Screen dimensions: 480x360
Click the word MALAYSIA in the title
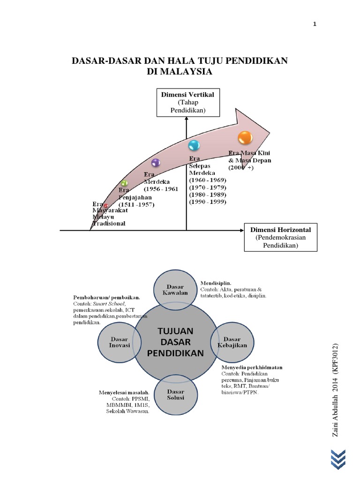(x=180, y=72)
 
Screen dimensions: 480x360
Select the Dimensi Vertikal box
(x=187, y=102)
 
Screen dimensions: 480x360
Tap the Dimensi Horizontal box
(x=280, y=237)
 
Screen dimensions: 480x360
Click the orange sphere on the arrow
(x=245, y=138)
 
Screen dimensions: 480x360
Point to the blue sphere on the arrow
(x=194, y=145)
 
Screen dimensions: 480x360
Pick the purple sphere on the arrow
(x=156, y=163)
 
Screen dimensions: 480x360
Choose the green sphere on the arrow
(x=124, y=183)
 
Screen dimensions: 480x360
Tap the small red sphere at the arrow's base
(x=106, y=206)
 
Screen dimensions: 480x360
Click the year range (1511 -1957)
(x=136, y=205)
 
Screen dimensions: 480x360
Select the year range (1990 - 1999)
(x=207, y=202)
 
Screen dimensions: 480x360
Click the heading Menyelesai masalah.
(x=124, y=392)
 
